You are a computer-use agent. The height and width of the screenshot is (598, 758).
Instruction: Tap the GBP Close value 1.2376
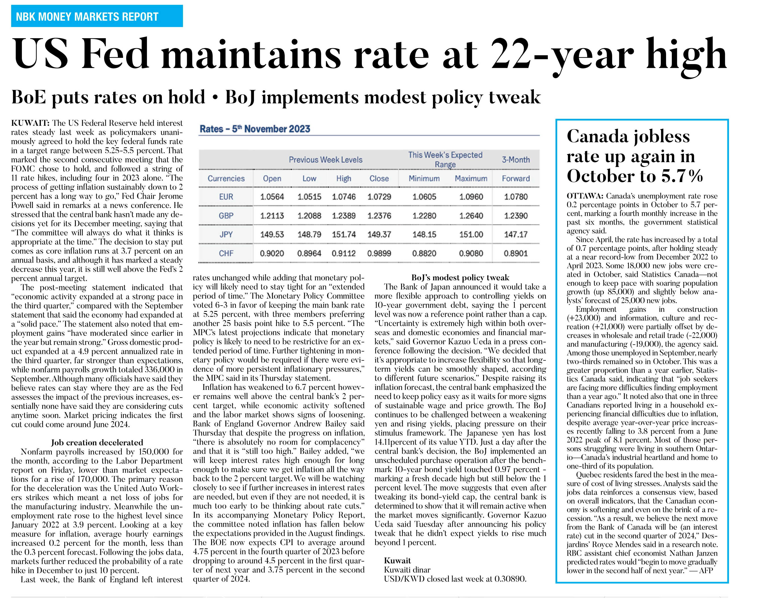379,216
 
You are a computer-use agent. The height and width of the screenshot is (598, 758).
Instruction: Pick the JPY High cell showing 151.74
344,235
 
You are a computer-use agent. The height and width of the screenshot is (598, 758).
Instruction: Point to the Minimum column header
424,179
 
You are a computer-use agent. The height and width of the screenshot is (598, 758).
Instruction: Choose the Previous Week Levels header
326,160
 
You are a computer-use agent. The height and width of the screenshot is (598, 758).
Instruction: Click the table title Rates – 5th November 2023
255,129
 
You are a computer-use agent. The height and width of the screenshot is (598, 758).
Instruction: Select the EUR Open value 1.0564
272,197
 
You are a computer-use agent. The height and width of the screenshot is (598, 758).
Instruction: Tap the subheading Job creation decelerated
97,443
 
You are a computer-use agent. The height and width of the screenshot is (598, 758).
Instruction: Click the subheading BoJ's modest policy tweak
460,278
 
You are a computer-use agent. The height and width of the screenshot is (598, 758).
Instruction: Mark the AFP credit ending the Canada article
706,570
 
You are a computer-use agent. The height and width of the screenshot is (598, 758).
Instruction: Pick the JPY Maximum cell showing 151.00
471,235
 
